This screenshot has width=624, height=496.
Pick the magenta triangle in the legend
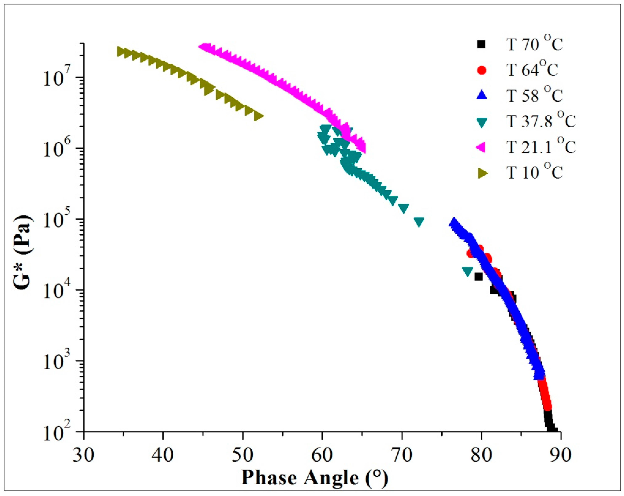(481, 147)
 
